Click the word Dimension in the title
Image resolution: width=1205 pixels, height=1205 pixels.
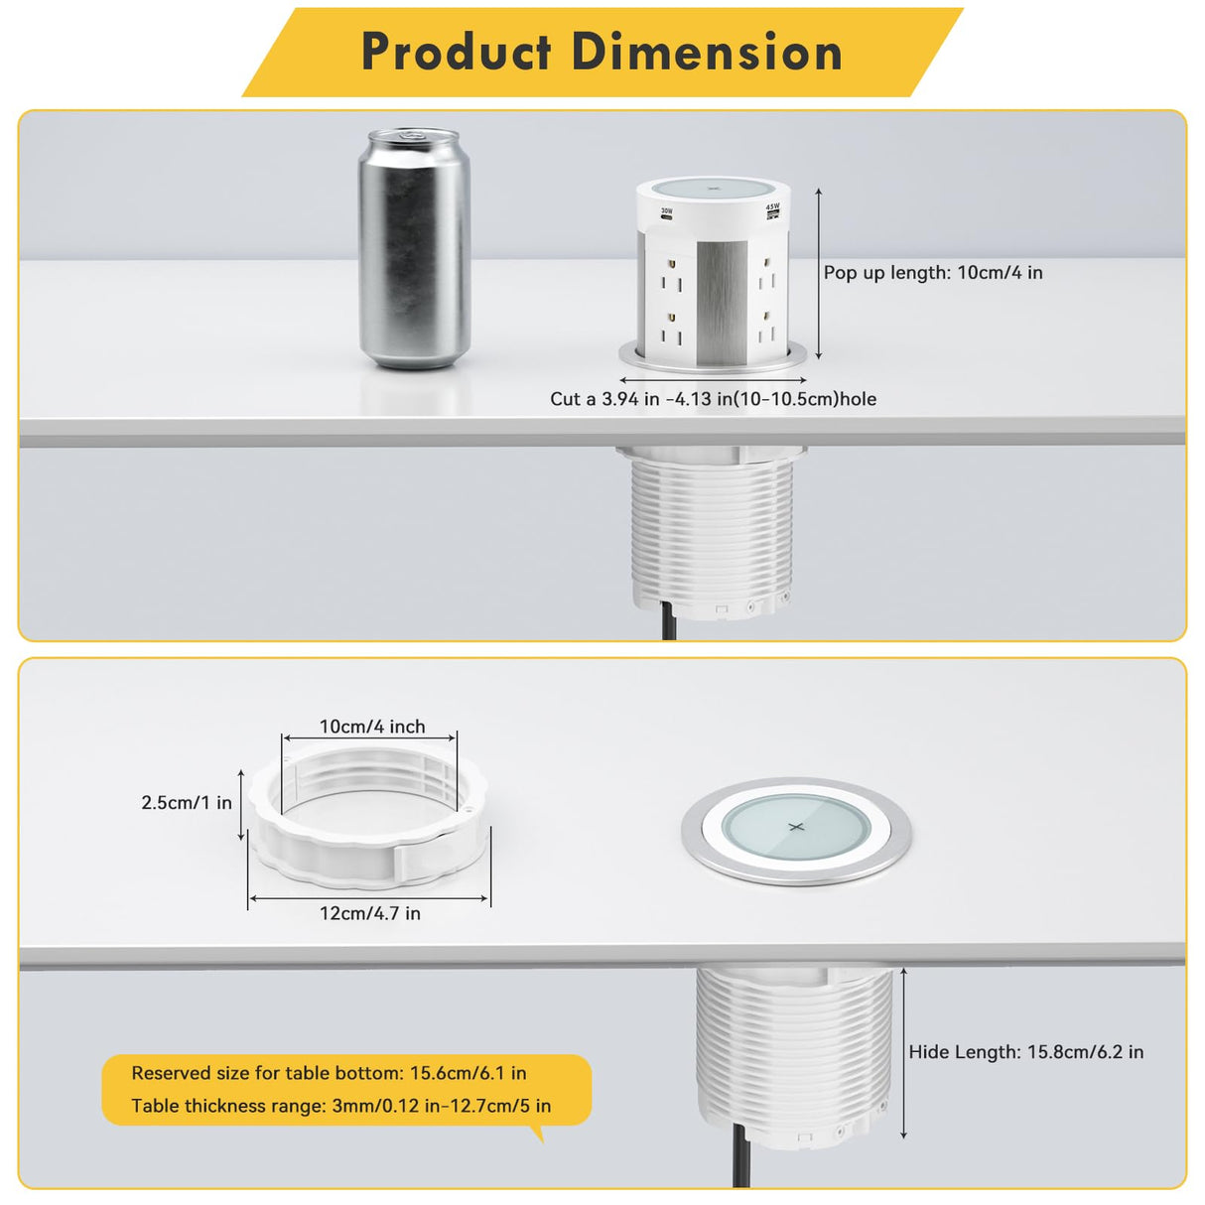pos(707,52)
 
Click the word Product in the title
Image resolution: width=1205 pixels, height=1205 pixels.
pos(456,52)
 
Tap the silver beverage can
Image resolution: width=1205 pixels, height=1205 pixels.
pos(413,253)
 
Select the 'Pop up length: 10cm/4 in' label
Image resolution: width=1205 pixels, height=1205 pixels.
pos(933,273)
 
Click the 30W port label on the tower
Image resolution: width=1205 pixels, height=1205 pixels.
pos(667,211)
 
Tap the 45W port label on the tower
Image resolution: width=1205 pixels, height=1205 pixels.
pos(772,207)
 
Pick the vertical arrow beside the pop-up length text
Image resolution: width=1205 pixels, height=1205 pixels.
pos(819,273)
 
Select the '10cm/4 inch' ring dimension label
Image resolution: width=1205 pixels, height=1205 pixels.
pos(372,727)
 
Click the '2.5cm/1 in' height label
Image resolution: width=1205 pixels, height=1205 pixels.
pos(187,802)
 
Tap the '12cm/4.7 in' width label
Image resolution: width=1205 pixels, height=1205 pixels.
pos(370,913)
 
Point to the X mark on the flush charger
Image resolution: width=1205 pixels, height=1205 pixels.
pos(796,827)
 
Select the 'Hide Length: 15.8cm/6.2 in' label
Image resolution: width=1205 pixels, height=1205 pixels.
pos(1026,1052)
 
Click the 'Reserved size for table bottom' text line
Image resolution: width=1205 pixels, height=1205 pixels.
pos(330,1073)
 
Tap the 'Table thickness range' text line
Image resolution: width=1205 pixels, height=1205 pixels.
pos(341,1106)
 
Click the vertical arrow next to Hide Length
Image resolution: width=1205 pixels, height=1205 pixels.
pos(903,1052)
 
